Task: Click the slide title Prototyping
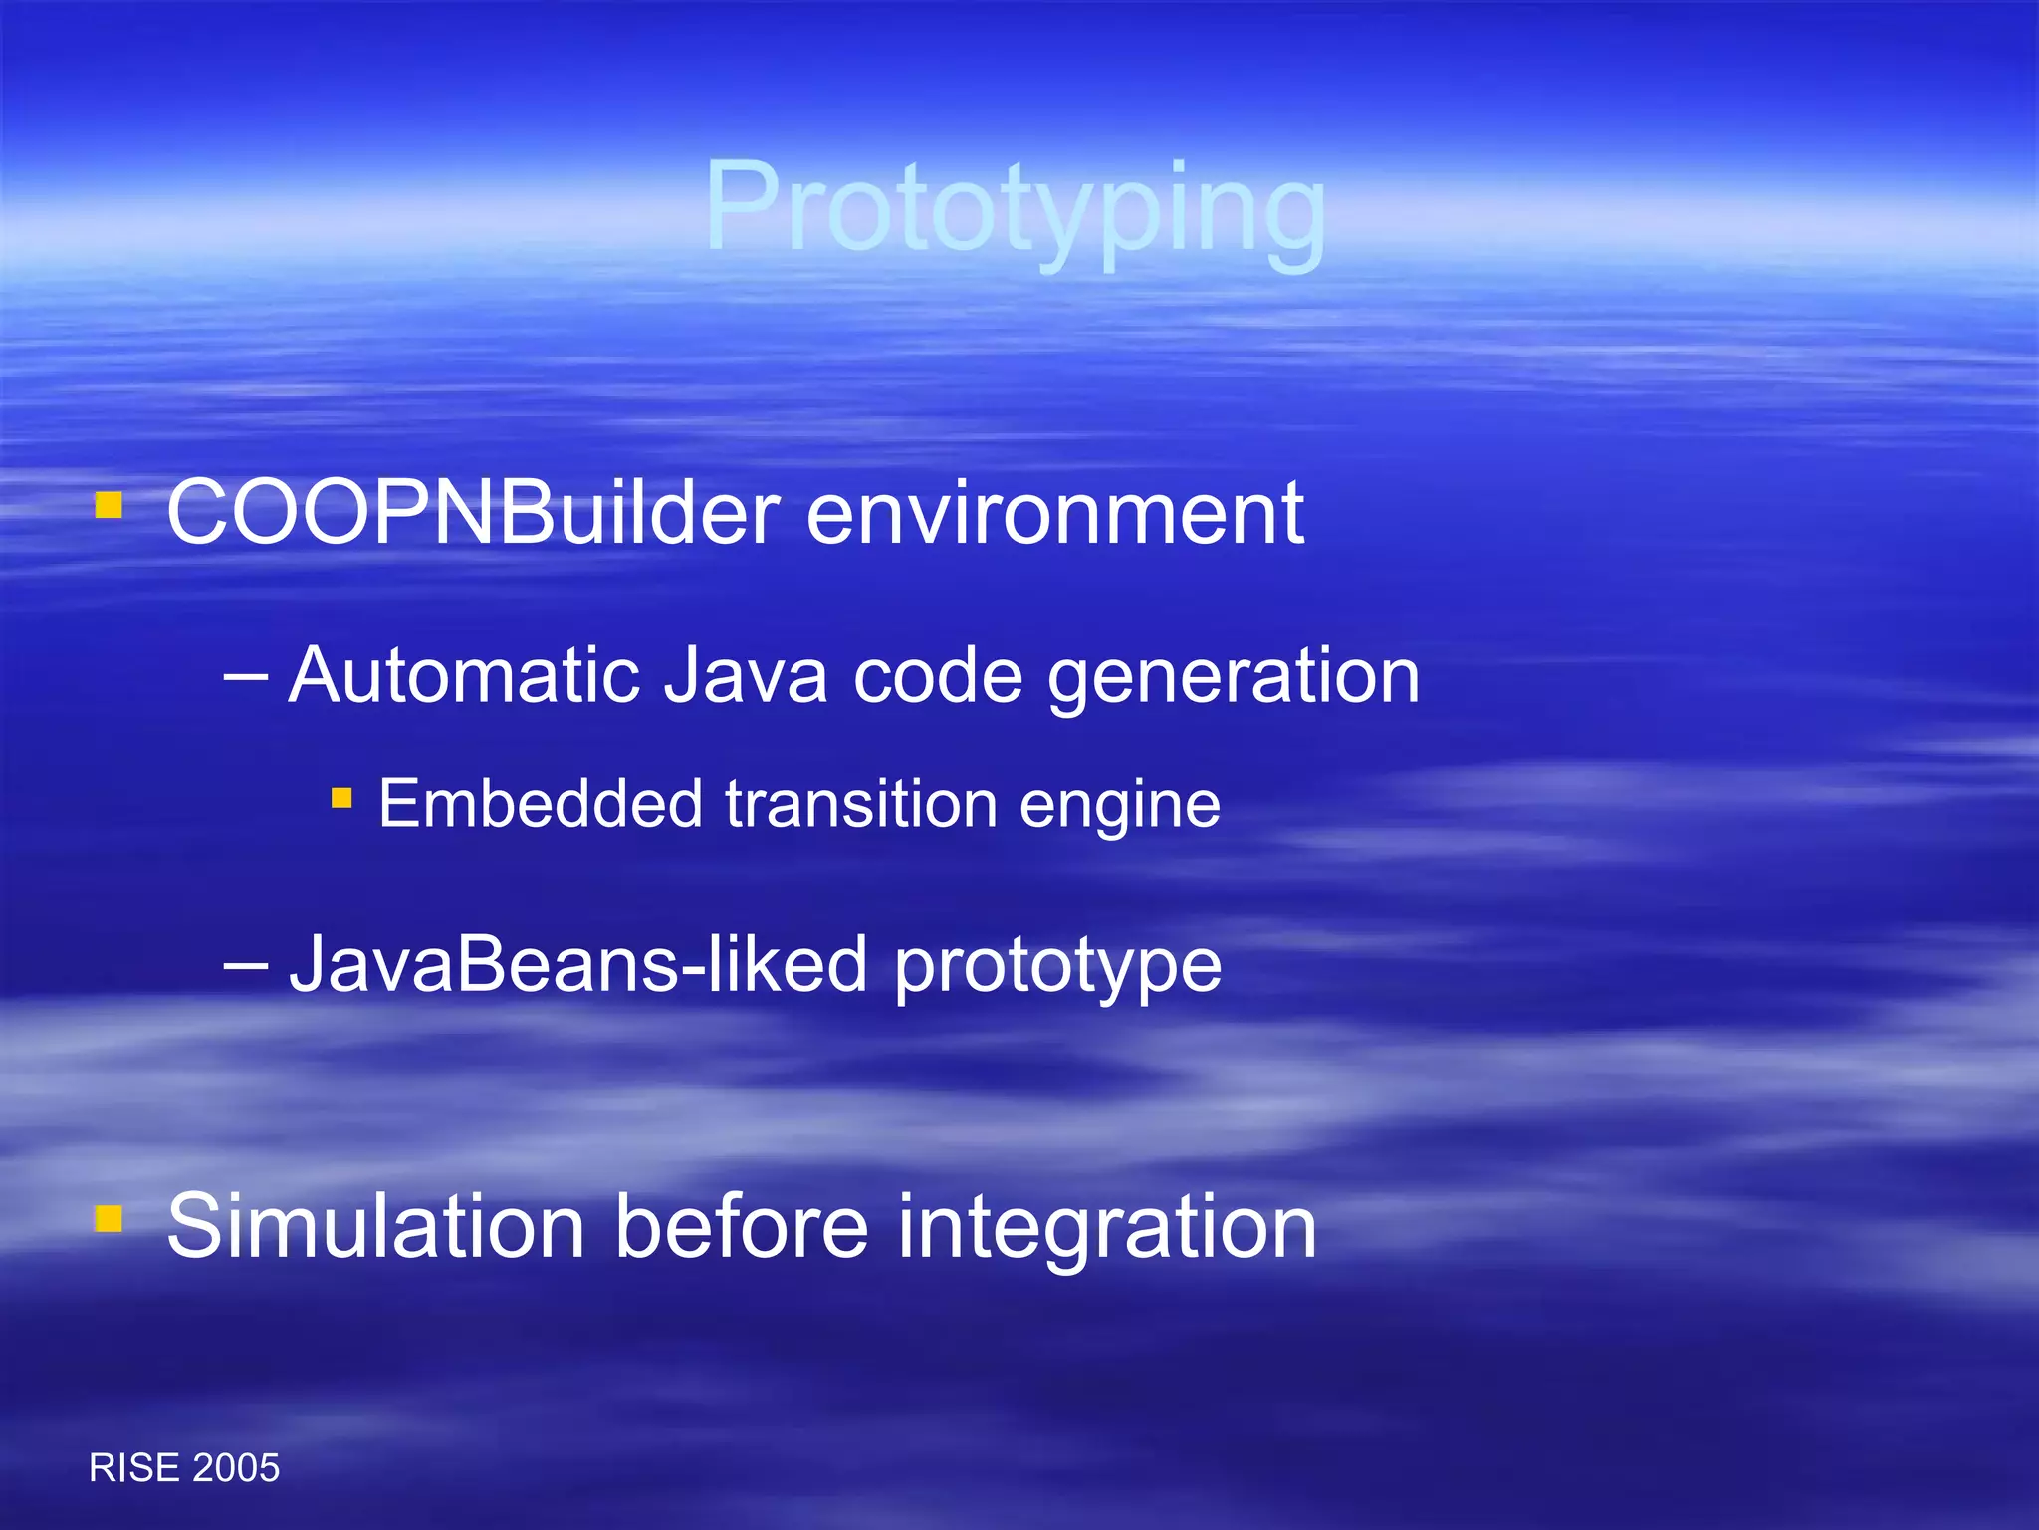pyautogui.click(x=1016, y=209)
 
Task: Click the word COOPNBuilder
pyautogui.click(x=473, y=513)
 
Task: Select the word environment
pyautogui.click(x=1054, y=513)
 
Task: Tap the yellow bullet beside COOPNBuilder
pyautogui.click(x=109, y=506)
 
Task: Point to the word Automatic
pyautogui.click(x=463, y=676)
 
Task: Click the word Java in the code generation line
pyautogui.click(x=745, y=676)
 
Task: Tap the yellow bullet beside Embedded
pyautogui.click(x=341, y=797)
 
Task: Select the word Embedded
pyautogui.click(x=540, y=804)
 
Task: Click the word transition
pyautogui.click(x=861, y=804)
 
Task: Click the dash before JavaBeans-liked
pyautogui.click(x=246, y=965)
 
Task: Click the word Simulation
pyautogui.click(x=375, y=1227)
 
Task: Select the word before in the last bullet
pyautogui.click(x=742, y=1227)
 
